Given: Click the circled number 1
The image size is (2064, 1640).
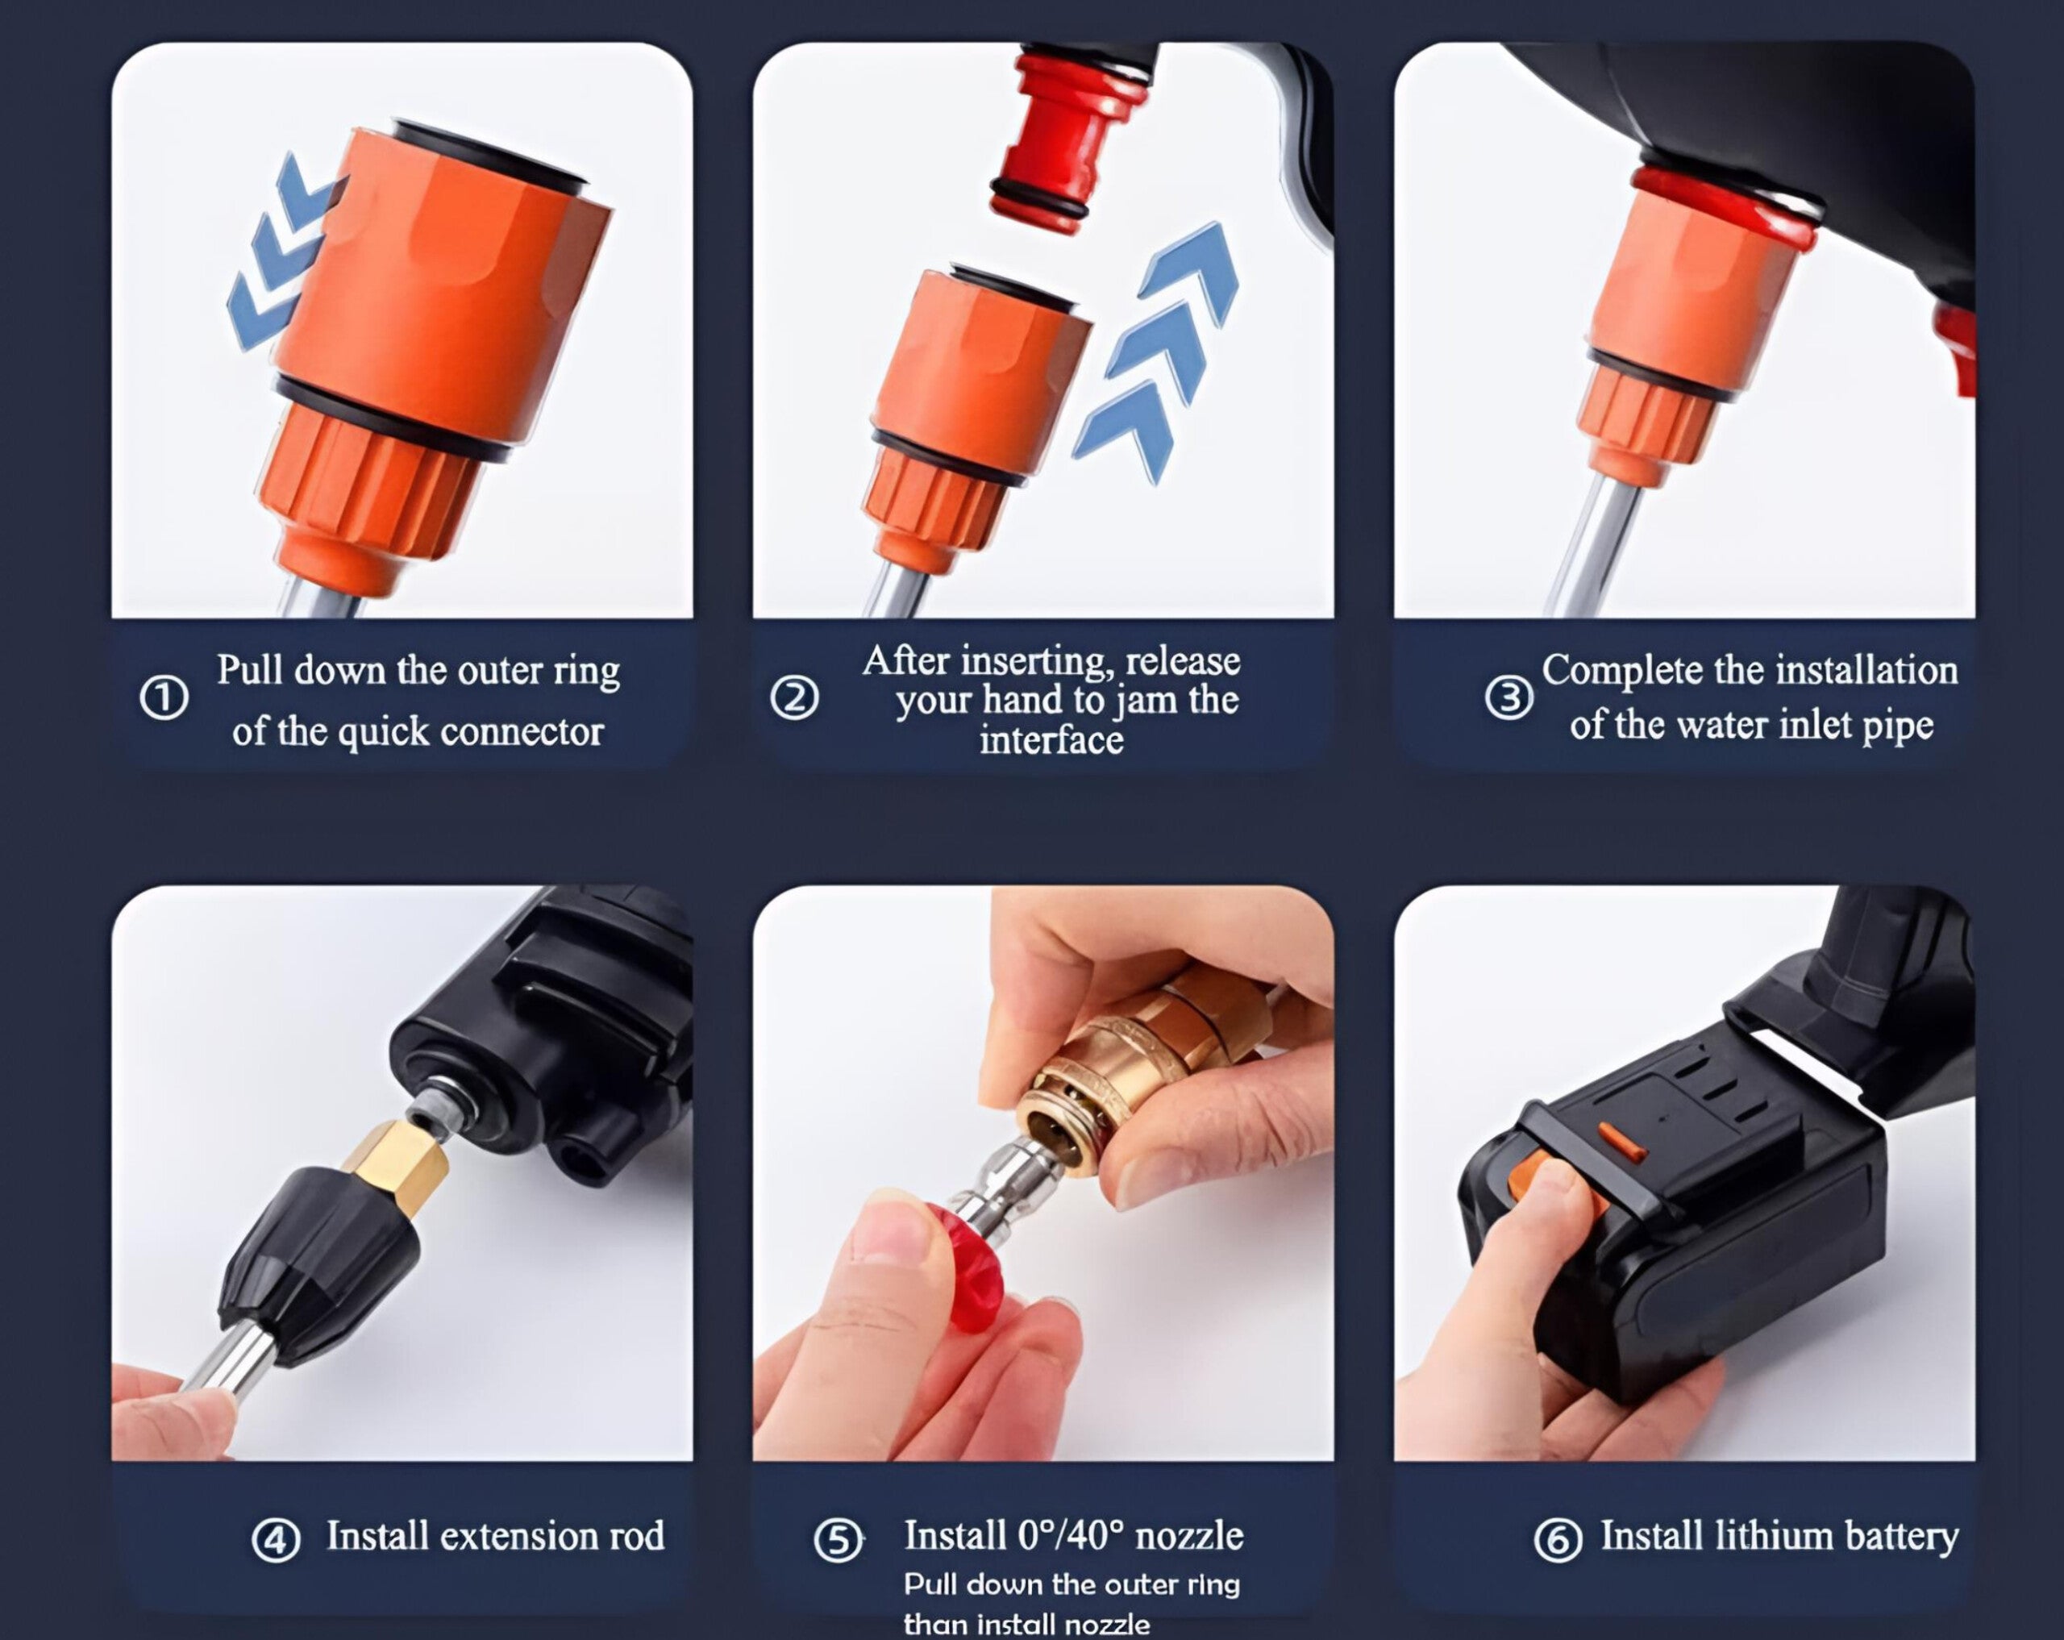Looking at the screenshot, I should [164, 698].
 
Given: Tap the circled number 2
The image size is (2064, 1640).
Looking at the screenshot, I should [793, 698].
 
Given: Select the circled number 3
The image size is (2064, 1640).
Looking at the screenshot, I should [1508, 698].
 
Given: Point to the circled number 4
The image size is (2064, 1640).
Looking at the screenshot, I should [276, 1541].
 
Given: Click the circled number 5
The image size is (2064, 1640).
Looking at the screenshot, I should [838, 1541].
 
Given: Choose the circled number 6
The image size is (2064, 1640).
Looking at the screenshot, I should [1558, 1541].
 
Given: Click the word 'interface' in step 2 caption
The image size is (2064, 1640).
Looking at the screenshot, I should [1051, 740].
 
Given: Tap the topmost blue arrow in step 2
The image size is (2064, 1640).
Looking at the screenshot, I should [1196, 268].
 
